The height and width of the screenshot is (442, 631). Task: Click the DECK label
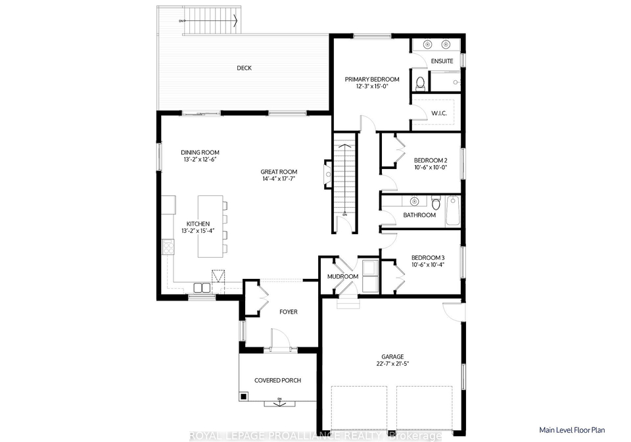(x=244, y=68)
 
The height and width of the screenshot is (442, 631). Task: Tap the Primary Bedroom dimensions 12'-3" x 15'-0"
(x=372, y=86)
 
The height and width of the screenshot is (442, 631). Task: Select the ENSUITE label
(x=442, y=61)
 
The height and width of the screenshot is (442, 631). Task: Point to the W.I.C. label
(x=439, y=113)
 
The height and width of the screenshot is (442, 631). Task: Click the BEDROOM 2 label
(x=431, y=160)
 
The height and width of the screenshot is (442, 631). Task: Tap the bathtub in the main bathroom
(x=453, y=210)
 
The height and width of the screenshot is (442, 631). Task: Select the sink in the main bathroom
(x=413, y=201)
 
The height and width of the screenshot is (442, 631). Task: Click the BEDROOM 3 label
(x=428, y=258)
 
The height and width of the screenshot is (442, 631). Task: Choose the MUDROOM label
(x=342, y=276)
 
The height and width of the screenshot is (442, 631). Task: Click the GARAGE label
(x=392, y=356)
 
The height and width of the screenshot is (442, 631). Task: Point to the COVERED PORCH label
(x=277, y=380)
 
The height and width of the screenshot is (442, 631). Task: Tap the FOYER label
(x=289, y=312)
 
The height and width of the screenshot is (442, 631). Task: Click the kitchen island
(x=210, y=226)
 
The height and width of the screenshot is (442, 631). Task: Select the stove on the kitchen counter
(x=168, y=247)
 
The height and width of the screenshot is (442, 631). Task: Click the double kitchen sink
(x=202, y=287)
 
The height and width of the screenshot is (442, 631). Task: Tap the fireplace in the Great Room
(x=328, y=174)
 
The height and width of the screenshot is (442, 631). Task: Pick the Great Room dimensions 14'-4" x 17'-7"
(x=279, y=178)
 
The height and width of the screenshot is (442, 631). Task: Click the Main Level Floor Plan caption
(x=572, y=430)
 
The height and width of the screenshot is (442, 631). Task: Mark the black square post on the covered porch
(x=243, y=396)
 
